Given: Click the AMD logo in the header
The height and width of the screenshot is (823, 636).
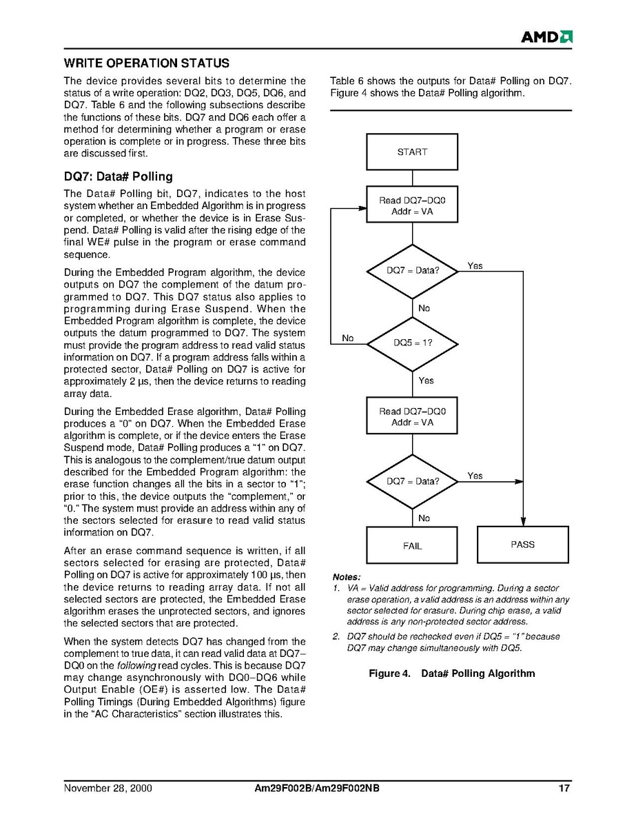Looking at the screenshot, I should coord(546,37).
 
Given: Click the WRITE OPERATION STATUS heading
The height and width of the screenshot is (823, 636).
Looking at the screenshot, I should coord(146,63).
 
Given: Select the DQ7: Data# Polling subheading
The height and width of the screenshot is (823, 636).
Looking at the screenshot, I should coord(118,176).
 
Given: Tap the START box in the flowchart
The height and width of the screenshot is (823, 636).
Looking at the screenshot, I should coord(412,152).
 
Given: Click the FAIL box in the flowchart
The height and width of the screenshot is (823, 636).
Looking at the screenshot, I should coord(412,546).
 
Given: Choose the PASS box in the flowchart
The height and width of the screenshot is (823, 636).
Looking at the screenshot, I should coord(522,545).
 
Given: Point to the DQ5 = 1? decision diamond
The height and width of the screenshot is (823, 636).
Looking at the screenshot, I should coord(412,343).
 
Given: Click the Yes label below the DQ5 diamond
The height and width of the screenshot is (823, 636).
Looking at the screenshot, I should coord(426,380).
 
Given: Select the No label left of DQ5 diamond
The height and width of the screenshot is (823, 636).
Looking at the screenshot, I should coord(348,338).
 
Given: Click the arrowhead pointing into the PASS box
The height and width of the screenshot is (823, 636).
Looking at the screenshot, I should coord(522,521).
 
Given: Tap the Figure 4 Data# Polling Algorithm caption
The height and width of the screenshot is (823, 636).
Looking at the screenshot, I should coord(451,673).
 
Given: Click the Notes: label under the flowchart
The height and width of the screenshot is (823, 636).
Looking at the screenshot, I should coord(347,577).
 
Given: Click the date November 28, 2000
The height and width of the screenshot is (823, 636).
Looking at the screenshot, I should coord(107,789).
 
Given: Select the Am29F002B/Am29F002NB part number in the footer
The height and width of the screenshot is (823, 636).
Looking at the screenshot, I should coord(317,789).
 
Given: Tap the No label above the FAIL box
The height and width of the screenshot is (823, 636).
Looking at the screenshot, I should coord(424,518).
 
